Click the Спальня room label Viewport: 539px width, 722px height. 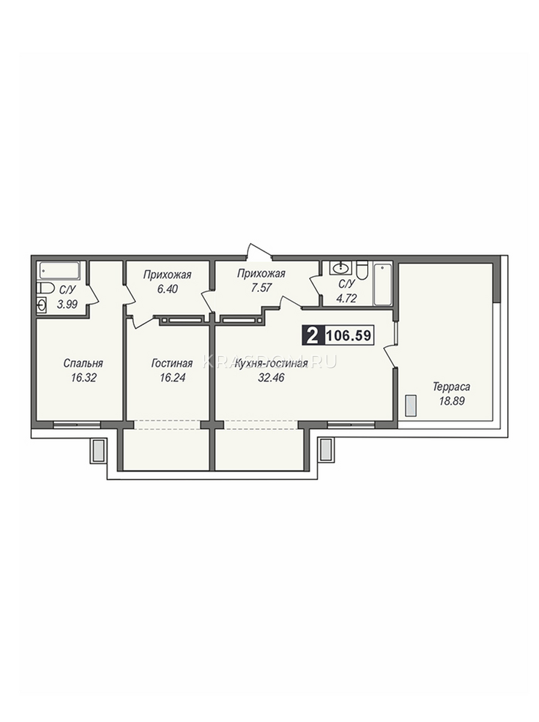click(x=83, y=363)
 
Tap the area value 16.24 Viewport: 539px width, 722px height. click(x=172, y=378)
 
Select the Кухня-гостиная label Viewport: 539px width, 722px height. click(x=272, y=363)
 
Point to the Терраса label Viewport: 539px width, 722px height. click(x=451, y=386)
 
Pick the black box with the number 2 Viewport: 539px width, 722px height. click(x=313, y=336)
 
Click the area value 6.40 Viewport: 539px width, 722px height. click(x=167, y=289)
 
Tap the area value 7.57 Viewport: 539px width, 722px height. click(x=261, y=288)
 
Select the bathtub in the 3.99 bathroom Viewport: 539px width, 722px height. click(x=59, y=270)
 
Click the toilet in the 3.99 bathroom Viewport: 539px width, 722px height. click(x=45, y=288)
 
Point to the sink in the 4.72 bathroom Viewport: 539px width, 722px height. click(x=341, y=268)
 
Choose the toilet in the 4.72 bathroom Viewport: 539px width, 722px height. click(x=362, y=270)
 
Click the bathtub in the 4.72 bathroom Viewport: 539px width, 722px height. click(x=383, y=284)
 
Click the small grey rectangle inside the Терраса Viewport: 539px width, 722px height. click(x=410, y=406)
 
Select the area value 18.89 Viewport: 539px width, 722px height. click(x=452, y=401)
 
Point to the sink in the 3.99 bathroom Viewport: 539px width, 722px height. click(x=41, y=304)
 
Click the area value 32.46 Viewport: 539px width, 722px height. click(x=271, y=378)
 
